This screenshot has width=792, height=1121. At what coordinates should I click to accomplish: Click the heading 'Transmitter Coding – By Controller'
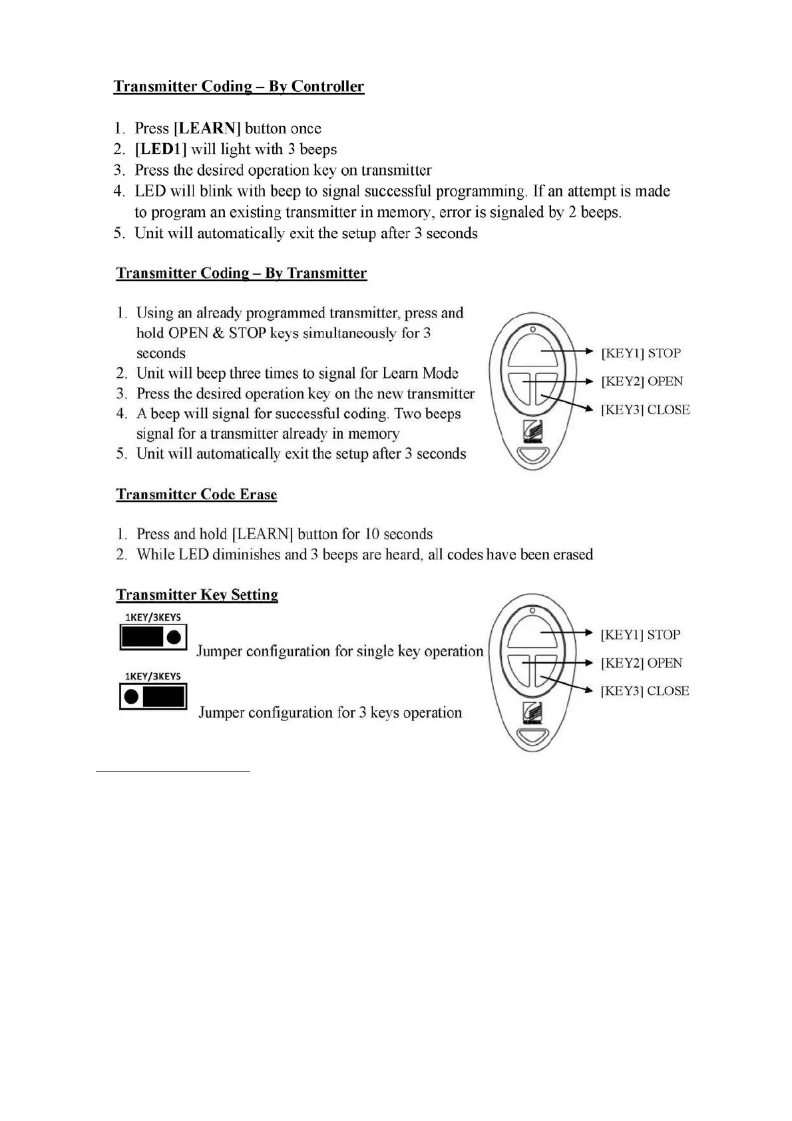pyautogui.click(x=238, y=87)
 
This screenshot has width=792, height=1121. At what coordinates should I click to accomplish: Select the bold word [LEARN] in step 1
pyautogui.click(x=206, y=128)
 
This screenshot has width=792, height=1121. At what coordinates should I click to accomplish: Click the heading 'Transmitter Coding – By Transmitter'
pyautogui.click(x=241, y=274)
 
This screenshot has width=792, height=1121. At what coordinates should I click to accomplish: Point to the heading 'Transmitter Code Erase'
pyautogui.click(x=196, y=495)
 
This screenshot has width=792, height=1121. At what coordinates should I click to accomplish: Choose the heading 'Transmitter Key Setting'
pyautogui.click(x=197, y=595)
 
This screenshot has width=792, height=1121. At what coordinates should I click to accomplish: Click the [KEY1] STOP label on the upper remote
pyautogui.click(x=640, y=353)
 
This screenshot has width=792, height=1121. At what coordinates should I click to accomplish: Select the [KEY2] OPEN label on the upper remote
pyautogui.click(x=642, y=381)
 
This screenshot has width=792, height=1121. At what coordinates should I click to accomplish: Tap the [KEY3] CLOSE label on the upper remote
pyautogui.click(x=645, y=410)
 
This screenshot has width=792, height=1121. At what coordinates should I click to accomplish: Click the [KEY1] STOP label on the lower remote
pyautogui.click(x=640, y=635)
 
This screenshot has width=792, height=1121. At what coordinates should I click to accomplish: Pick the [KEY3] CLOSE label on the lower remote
pyautogui.click(x=644, y=691)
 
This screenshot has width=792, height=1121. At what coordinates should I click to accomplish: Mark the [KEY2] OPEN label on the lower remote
pyautogui.click(x=641, y=663)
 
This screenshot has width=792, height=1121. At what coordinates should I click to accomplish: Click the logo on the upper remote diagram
pyautogui.click(x=532, y=431)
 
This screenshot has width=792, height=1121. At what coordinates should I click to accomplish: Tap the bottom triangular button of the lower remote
pyautogui.click(x=532, y=737)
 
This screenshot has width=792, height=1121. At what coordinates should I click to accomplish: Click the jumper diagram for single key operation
pyautogui.click(x=153, y=637)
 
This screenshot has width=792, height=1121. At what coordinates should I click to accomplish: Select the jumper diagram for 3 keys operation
pyautogui.click(x=153, y=697)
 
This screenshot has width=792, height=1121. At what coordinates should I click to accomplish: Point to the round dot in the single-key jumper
pyautogui.click(x=174, y=637)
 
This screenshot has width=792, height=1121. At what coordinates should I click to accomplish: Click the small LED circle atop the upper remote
pyautogui.click(x=532, y=329)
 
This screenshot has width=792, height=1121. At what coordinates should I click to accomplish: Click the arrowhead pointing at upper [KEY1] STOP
pyautogui.click(x=588, y=351)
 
